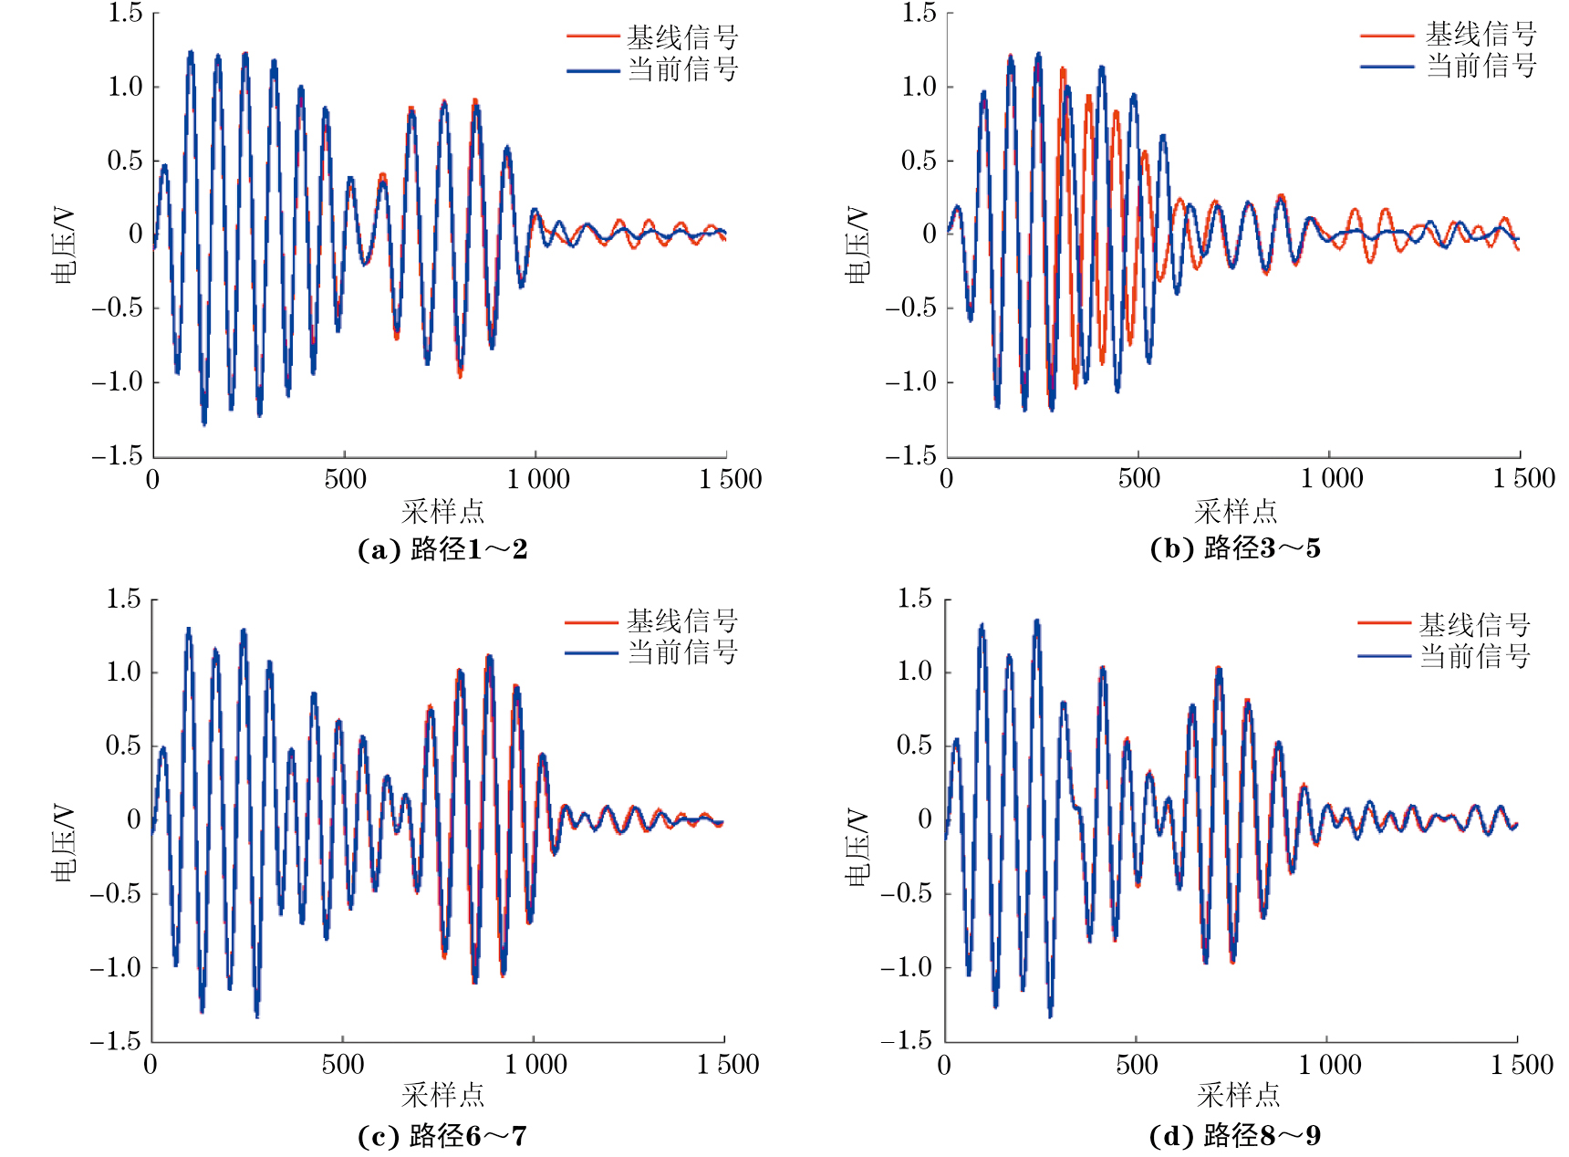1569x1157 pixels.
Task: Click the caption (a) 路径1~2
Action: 442,549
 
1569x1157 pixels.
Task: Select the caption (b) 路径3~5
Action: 1235,548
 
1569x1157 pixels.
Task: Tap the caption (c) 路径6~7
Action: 442,1136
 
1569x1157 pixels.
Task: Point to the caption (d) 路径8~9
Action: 1235,1136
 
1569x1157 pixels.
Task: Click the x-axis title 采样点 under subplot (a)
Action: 442,511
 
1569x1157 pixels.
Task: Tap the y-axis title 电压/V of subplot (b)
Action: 858,245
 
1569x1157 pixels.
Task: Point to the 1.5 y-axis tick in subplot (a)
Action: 125,13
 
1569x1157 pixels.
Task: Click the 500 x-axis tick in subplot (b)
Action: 1138,478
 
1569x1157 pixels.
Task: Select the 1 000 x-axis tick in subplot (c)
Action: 535,1064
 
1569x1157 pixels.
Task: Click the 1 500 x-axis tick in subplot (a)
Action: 730,479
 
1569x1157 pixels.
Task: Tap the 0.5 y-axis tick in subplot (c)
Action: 123,745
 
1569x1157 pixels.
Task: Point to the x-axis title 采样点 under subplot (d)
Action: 1238,1095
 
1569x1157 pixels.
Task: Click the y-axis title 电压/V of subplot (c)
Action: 64,843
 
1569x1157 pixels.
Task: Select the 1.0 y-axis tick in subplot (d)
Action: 915,672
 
